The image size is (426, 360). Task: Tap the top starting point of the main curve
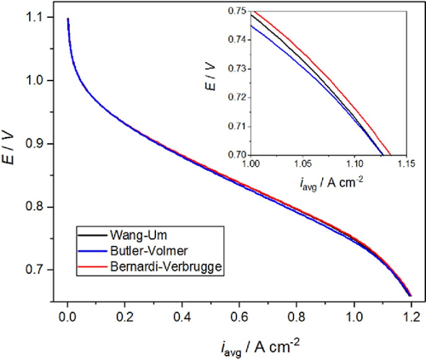click(68, 19)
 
